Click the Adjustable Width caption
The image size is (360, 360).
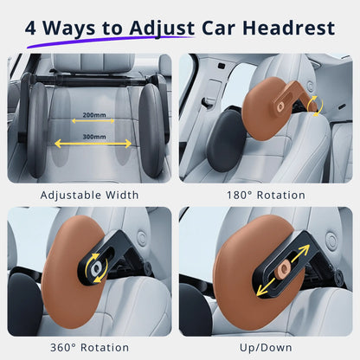click(89, 196)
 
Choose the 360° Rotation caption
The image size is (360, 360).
click(89, 348)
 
